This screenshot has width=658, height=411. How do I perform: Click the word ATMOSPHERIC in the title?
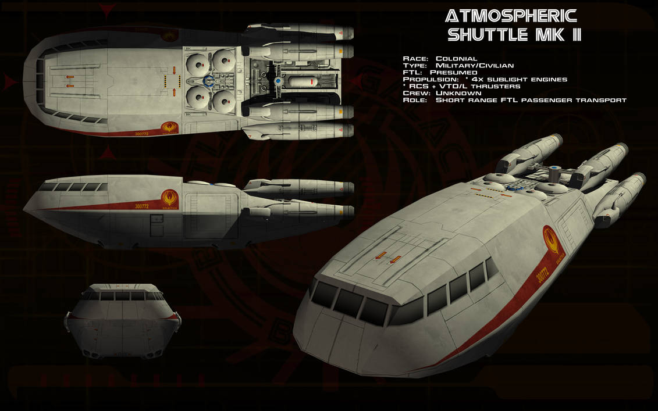[x=510, y=16]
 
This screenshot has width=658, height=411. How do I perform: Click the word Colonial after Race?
[x=456, y=59]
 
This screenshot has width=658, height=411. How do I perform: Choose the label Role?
[x=414, y=100]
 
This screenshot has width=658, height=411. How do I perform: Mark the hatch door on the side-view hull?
[x=157, y=225]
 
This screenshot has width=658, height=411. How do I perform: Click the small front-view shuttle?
[x=124, y=320]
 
